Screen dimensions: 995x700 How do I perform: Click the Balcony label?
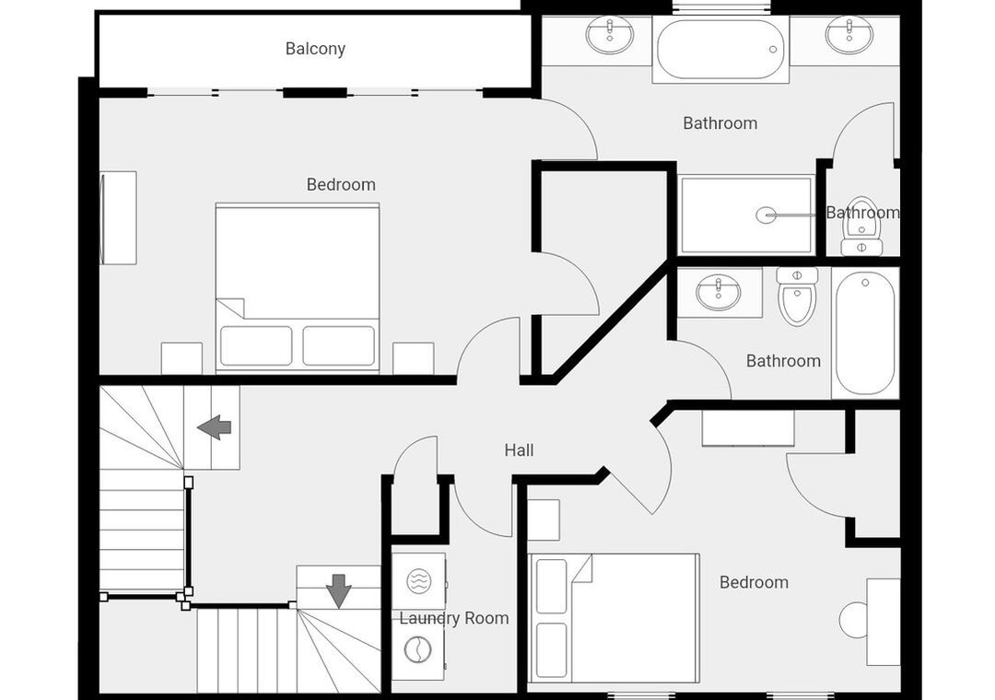pos(315,49)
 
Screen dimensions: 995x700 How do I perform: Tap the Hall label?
pos(519,450)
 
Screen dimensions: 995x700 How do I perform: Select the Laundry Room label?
pos(453,618)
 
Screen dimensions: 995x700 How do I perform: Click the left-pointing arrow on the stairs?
pos(214,427)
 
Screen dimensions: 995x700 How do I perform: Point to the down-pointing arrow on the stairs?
pos(339,590)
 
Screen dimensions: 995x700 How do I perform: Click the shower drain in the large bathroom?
pos(766,216)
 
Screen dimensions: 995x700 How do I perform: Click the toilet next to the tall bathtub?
pos(797,297)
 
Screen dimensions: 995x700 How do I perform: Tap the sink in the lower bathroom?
pos(719,293)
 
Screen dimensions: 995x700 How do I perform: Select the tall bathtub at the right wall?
pos(865,333)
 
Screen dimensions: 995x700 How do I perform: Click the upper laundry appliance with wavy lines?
pos(418,580)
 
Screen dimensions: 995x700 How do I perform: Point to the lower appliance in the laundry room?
pos(418,650)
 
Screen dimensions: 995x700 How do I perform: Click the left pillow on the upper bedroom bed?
pos(256,346)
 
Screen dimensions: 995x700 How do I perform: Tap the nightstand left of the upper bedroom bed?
pos(181,358)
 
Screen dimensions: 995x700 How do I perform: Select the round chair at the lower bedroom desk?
pos(853,620)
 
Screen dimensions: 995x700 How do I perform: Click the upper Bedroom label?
pos(341,185)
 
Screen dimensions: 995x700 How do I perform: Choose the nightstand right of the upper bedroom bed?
pos(413,358)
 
